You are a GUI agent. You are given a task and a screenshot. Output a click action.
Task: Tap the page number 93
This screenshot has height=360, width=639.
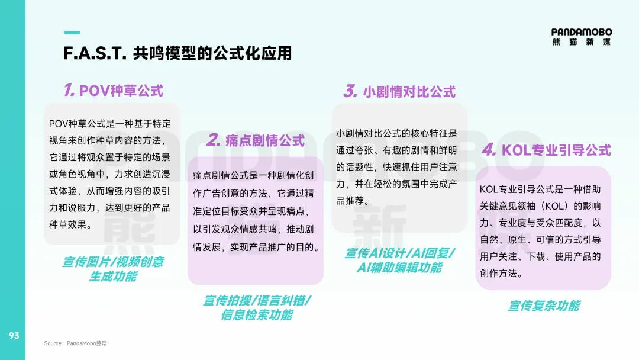pyautogui.click(x=14, y=336)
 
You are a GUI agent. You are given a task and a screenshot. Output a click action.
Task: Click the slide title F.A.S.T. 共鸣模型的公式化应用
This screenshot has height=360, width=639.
pyautogui.click(x=177, y=53)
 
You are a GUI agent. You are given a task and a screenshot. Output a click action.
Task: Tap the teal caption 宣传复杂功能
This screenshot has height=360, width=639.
pyautogui.click(x=544, y=306)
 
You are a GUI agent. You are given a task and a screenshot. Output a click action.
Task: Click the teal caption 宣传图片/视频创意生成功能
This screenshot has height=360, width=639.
pyautogui.click(x=113, y=269)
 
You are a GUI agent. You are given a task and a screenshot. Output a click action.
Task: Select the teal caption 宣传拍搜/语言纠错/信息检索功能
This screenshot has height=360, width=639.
pyautogui.click(x=257, y=307)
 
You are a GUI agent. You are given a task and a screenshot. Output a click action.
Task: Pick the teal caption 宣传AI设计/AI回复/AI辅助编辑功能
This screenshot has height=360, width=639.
pyautogui.click(x=400, y=260)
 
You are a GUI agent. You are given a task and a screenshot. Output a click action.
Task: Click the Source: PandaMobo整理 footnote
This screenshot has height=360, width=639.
pyautogui.click(x=75, y=343)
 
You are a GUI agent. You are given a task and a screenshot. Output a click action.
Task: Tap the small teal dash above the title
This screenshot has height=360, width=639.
pyautogui.click(x=72, y=33)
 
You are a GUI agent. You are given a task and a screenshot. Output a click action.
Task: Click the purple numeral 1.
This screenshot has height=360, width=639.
pyautogui.click(x=69, y=89)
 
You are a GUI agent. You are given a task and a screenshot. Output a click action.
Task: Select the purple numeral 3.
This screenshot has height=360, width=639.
pyautogui.click(x=350, y=91)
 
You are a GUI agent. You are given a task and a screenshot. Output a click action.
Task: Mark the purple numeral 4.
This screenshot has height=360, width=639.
pyautogui.click(x=489, y=149)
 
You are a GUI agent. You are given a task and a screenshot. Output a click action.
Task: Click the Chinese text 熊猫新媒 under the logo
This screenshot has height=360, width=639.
pyautogui.click(x=582, y=42)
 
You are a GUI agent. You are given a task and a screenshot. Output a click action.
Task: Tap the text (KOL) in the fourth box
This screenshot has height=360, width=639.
pyautogui.click(x=555, y=206)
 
